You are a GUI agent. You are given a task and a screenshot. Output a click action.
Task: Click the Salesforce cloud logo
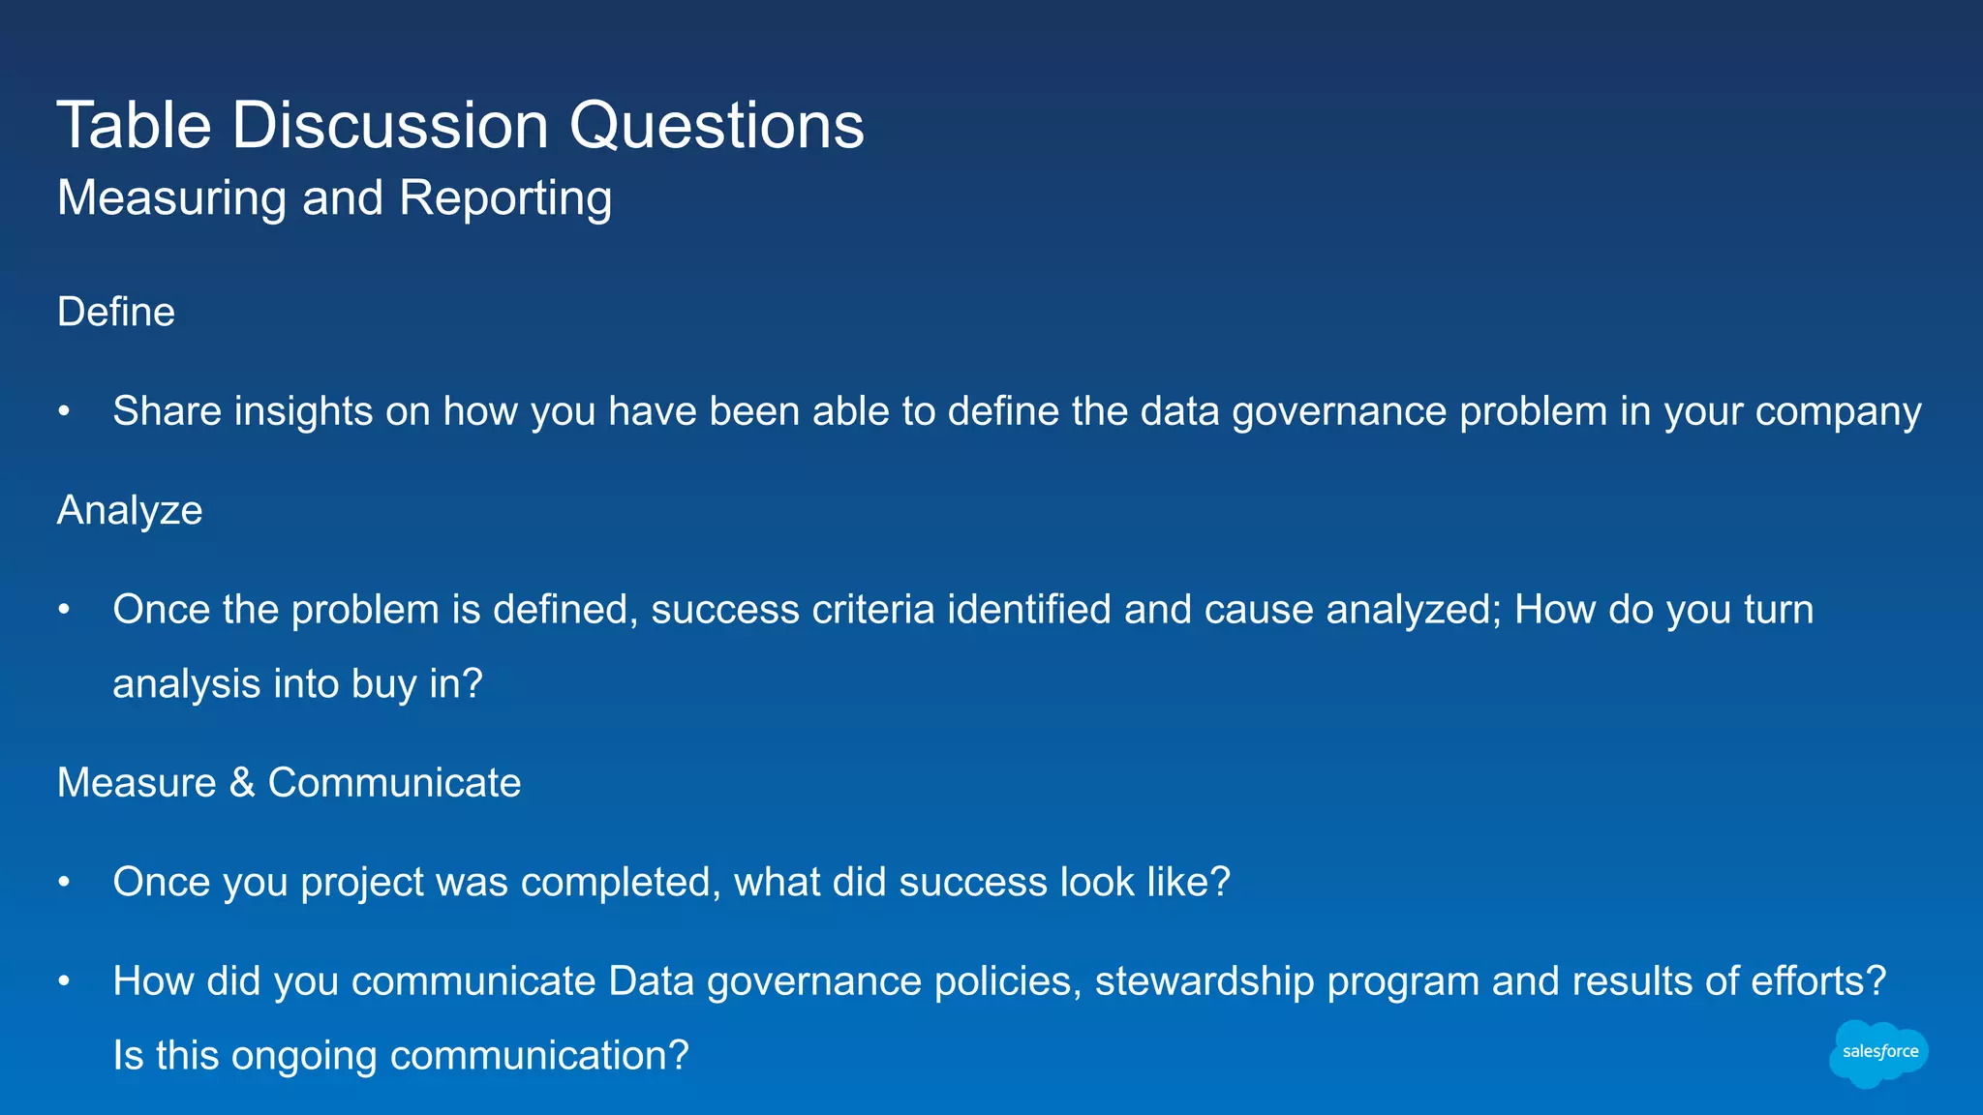tap(1878, 1053)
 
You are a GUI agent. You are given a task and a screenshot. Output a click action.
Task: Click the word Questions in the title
tap(716, 126)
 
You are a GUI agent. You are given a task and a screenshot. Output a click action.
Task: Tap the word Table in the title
tap(134, 126)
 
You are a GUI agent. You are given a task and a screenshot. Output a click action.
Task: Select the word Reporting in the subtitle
tap(504, 199)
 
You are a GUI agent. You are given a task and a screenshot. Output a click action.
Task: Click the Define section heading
tap(116, 313)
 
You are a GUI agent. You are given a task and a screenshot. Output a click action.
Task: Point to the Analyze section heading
tap(130, 511)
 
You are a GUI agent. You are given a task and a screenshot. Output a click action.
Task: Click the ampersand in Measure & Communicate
tap(242, 783)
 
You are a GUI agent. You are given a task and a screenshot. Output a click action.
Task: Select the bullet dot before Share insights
tap(64, 411)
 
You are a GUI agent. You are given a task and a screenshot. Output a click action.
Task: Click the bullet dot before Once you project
tap(64, 883)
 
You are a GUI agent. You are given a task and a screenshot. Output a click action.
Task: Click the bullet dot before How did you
tap(64, 981)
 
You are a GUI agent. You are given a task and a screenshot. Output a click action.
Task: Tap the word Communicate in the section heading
tap(394, 783)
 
